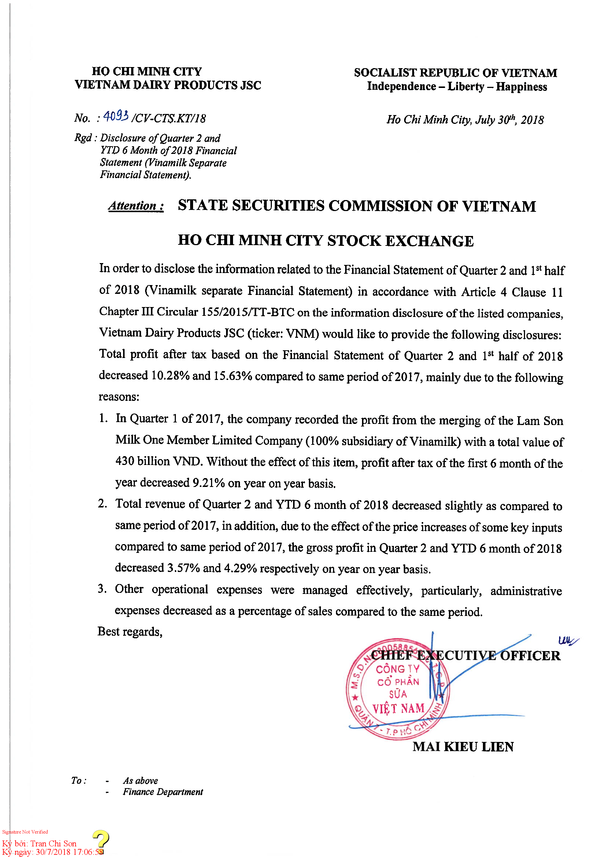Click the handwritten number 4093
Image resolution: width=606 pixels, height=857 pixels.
click(x=116, y=117)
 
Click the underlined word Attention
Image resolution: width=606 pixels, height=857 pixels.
click(x=136, y=206)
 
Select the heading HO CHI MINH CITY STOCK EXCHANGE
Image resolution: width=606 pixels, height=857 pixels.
click(x=325, y=241)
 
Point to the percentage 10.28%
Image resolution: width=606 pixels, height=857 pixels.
click(x=170, y=376)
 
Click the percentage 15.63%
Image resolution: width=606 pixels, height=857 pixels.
click(x=233, y=376)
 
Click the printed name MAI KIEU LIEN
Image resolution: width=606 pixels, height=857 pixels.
click(x=463, y=746)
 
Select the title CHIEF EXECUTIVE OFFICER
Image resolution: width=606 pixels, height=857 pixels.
click(x=466, y=656)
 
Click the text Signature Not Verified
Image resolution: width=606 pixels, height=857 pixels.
click(x=25, y=832)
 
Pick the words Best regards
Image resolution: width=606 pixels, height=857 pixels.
click(x=130, y=631)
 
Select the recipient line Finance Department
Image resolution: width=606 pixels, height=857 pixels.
click(x=163, y=792)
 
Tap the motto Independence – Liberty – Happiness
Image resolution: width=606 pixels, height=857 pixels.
click(x=457, y=86)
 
